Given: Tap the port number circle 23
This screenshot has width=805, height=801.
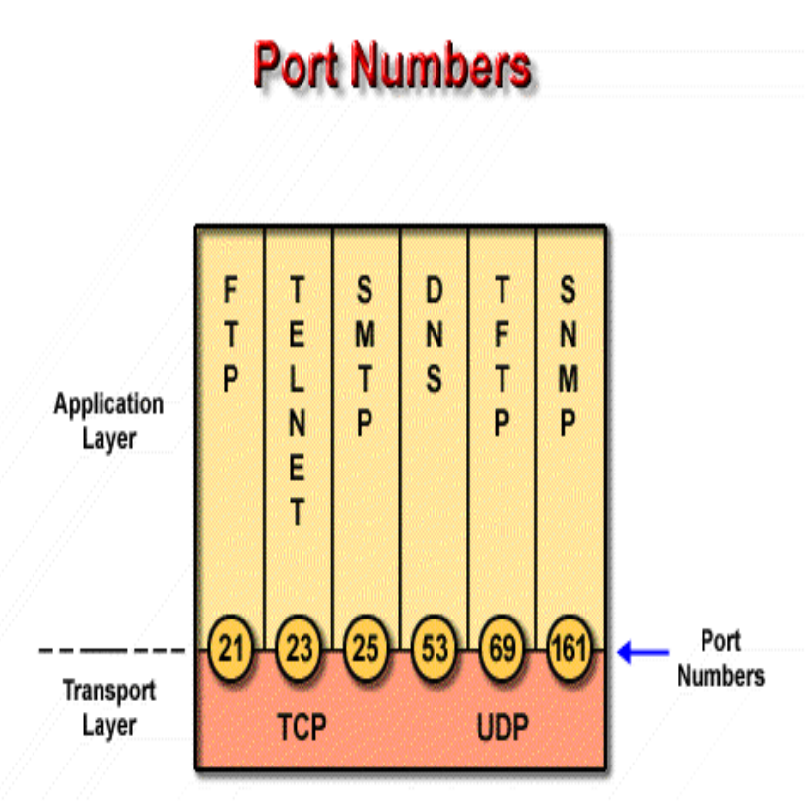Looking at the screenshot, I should [x=298, y=650].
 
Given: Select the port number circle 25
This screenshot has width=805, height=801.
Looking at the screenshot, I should [x=366, y=650].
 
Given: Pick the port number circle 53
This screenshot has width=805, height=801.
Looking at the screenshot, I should [x=434, y=650].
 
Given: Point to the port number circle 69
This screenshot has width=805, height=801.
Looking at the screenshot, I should [x=502, y=650].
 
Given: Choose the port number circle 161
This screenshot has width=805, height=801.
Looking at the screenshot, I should [x=569, y=650].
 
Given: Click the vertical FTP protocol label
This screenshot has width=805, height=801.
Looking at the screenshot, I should [x=230, y=335].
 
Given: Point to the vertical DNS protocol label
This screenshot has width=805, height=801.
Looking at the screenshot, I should [x=434, y=335].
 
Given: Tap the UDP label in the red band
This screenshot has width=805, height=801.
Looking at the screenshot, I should [x=503, y=728].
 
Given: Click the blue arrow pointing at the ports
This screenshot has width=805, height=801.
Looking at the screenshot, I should [x=643, y=652].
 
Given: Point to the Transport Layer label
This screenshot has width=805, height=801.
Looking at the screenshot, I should [x=109, y=707].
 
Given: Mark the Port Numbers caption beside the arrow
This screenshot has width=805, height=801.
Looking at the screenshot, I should [x=720, y=658].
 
